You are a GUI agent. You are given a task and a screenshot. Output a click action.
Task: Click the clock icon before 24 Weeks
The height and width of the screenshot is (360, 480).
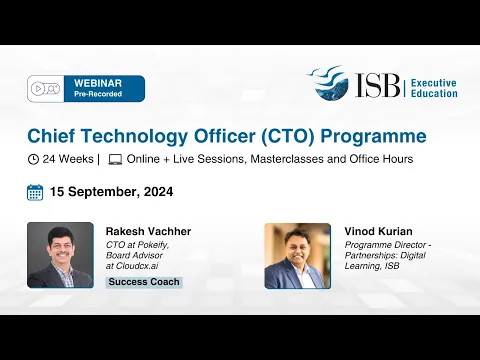tap(34, 159)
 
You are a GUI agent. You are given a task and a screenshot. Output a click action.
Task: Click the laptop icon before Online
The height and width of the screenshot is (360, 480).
tap(115, 159)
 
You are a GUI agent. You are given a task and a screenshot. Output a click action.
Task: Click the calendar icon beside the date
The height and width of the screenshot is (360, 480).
tap(35, 192)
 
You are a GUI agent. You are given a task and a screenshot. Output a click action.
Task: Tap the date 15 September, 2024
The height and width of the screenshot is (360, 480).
tap(113, 192)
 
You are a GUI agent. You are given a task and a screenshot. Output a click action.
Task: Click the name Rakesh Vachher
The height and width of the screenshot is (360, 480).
tap(148, 231)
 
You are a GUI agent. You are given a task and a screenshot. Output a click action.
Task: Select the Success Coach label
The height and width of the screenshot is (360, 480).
tap(144, 282)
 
